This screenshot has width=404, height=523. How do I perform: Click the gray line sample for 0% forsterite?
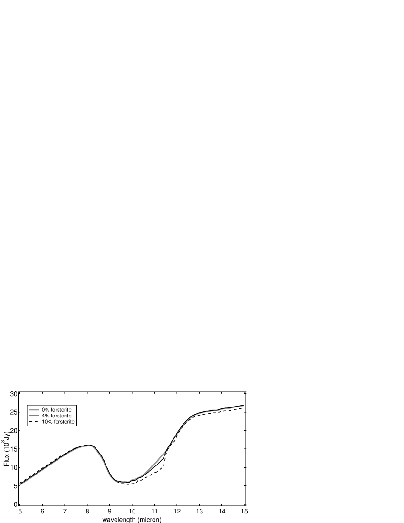34,410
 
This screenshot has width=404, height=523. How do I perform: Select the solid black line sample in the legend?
34,416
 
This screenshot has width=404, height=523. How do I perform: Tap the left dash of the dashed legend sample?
30,422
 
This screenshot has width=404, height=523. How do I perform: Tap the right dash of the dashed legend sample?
36,422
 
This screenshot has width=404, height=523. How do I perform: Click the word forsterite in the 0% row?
61,410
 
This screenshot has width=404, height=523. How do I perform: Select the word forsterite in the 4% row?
61,416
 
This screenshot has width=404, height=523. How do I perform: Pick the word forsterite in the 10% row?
64,422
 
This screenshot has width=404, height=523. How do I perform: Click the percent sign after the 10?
50,422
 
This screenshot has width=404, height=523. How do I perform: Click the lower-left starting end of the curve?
20,485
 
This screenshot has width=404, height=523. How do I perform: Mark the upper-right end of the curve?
244,405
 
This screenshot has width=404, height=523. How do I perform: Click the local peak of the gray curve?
89,446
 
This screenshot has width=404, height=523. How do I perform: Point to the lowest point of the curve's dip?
123,482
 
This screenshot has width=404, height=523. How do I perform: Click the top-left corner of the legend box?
26,405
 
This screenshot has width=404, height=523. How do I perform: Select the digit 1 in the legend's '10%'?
43,422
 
